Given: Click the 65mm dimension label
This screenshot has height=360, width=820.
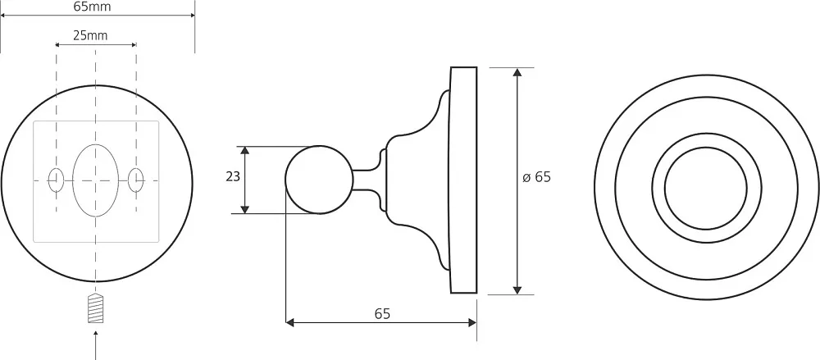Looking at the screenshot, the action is point(92,7).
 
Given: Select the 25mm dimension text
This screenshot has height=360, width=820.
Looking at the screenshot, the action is point(90,35).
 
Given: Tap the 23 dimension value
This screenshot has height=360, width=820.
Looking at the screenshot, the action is point(233,177).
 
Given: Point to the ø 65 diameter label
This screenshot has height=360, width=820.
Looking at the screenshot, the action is point(536,177).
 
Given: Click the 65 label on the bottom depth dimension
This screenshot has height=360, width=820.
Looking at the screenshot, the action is point(382,314).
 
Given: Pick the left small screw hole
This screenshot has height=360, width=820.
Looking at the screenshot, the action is point(56,180).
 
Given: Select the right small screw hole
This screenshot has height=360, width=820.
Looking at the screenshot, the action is point(136,180).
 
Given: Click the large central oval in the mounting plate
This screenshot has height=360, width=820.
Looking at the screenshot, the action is point(96,180).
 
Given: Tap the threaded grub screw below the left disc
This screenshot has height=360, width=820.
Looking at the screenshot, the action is point(95,308).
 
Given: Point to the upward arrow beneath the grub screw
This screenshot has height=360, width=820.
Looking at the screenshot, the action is point(96,344).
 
